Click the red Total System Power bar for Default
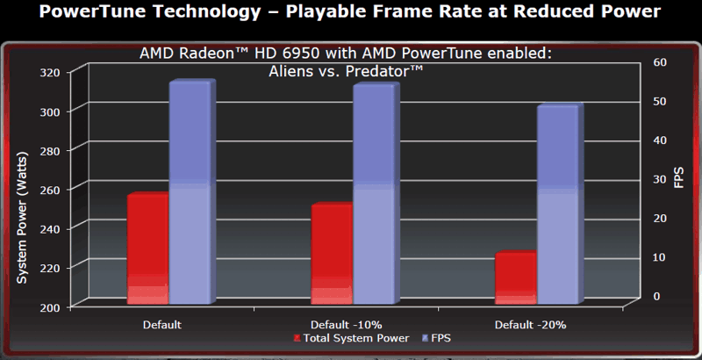pos(147,249)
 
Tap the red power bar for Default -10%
pos(332,254)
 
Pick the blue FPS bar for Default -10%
pos(374,194)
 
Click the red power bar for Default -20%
pos(516,278)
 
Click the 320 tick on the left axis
pos(57,72)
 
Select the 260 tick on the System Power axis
pos(57,189)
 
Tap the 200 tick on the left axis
pos(57,306)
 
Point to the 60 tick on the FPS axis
pos(661,61)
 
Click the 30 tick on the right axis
pos(661,178)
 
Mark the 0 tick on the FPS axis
pos(656,296)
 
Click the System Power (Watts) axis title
pos(23,218)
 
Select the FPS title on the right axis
pos(679,177)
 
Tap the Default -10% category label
pos(347,325)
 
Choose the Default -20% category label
pos(531,325)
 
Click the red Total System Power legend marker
pos(297,338)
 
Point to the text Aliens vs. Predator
pos(346,71)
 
